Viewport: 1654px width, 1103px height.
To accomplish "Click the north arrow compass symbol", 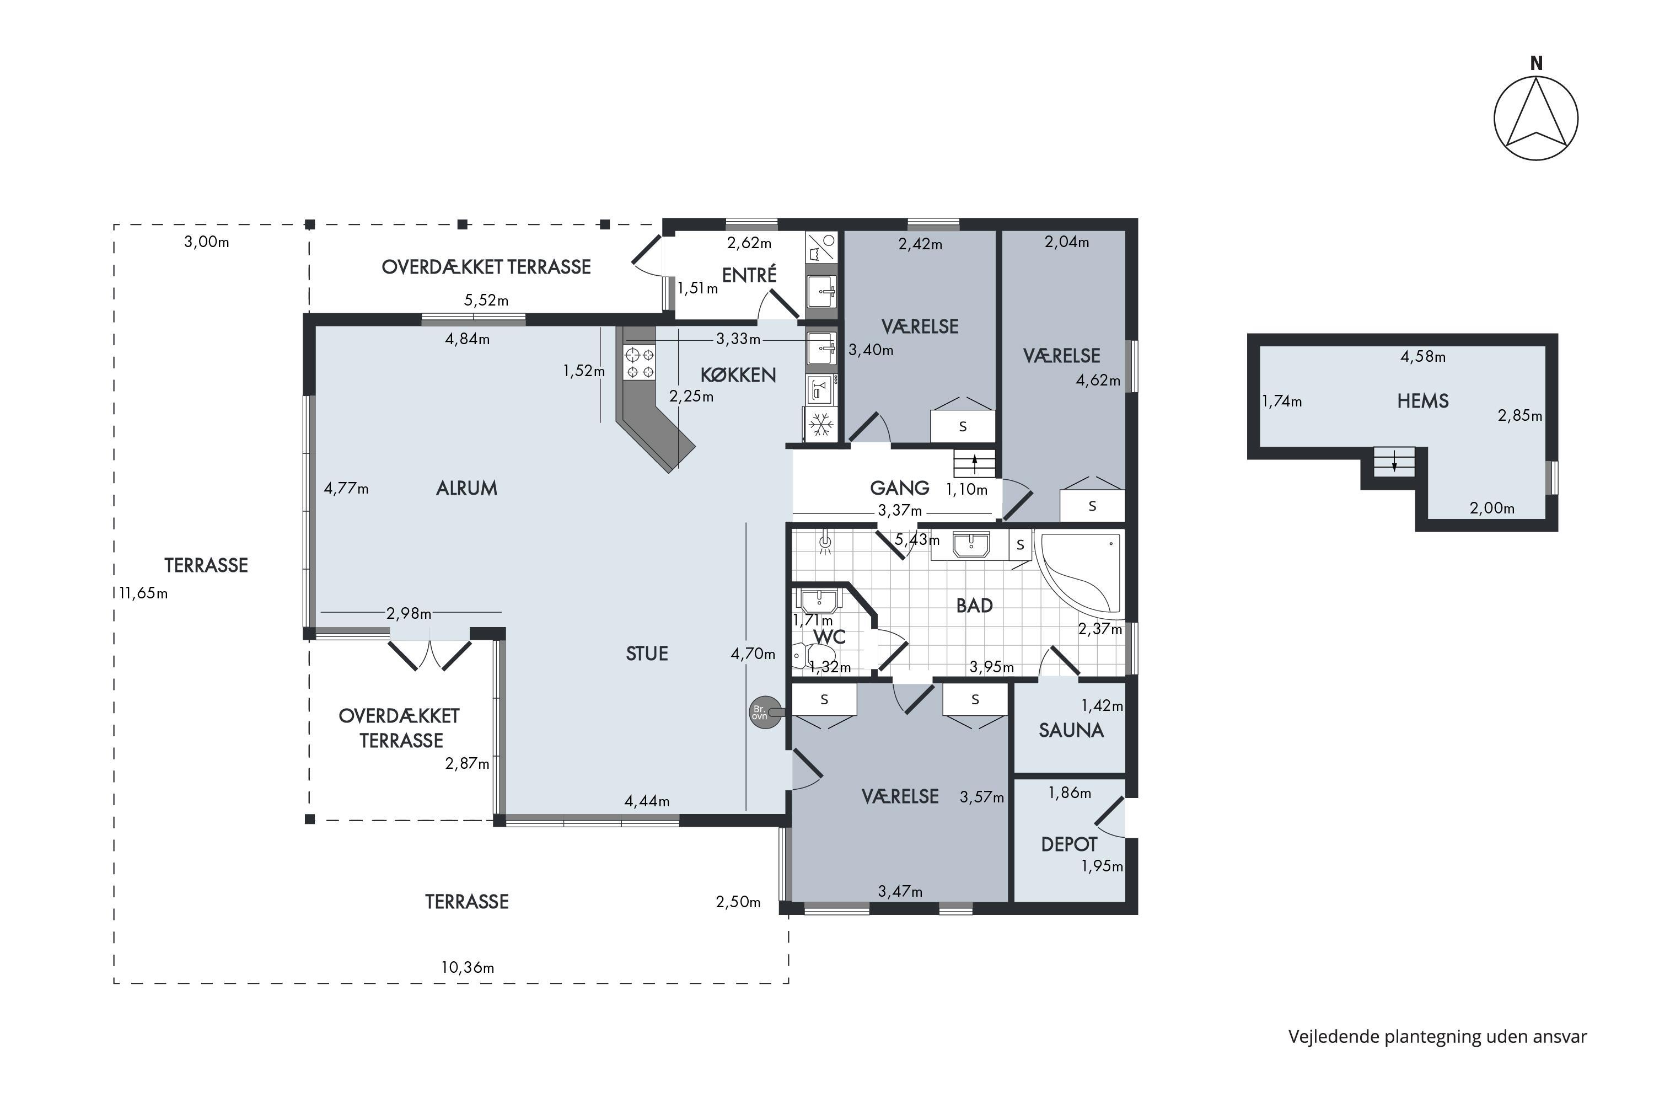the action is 1536,117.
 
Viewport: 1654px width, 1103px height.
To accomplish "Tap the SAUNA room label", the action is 1071,730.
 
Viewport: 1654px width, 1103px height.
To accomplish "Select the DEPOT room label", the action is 1069,844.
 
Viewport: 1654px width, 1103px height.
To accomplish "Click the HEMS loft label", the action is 1422,401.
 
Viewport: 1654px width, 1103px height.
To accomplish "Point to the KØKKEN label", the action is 738,374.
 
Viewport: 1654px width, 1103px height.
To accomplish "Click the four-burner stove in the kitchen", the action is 639,362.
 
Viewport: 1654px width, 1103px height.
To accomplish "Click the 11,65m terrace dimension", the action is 143,593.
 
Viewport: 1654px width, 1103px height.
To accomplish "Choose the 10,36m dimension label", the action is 468,967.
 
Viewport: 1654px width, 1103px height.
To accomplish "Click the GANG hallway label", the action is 899,488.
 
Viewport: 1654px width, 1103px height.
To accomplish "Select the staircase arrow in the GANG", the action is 975,463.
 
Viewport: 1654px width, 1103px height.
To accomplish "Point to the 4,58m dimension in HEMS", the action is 1422,357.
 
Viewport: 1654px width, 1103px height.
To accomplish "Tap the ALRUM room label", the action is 466,488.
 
